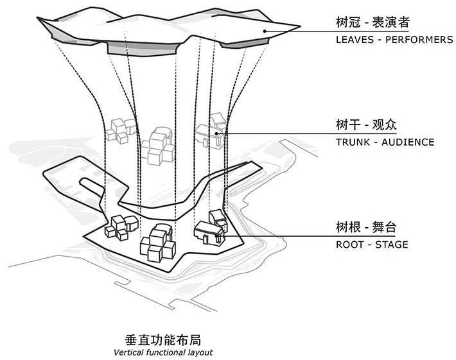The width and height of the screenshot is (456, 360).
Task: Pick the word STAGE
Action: pos(392,244)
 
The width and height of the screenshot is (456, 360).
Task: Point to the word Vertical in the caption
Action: pos(128,352)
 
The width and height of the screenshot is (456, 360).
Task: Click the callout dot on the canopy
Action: pos(264,30)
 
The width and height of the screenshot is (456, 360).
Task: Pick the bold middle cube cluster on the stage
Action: pos(157,243)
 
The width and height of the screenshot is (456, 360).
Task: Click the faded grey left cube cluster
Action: pos(121,130)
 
